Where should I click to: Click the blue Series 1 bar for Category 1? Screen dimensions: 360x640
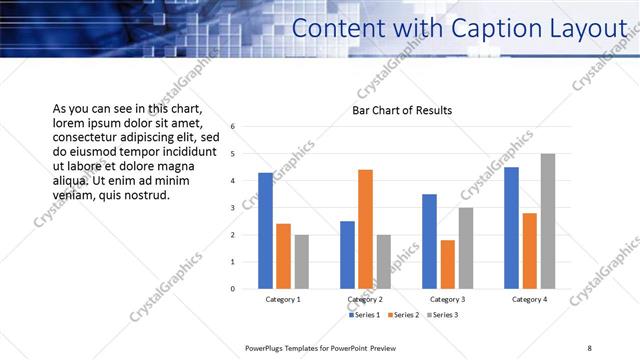(x=265, y=231)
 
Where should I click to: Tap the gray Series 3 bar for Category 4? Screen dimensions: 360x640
(x=547, y=221)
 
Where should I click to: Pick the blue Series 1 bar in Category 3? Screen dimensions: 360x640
(x=429, y=241)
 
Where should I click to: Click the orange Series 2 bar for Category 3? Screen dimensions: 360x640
(x=447, y=264)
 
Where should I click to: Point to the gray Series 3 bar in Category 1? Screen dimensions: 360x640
(x=301, y=262)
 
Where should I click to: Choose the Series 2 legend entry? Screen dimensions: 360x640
(x=402, y=315)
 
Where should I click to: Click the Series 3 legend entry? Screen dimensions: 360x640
(x=441, y=315)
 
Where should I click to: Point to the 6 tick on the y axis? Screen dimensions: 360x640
(x=232, y=127)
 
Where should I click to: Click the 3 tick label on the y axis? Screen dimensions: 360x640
(x=232, y=208)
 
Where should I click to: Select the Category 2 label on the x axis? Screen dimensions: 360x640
(x=365, y=299)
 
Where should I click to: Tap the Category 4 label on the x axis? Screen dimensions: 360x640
(x=529, y=299)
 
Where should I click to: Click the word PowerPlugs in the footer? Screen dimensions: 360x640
(x=266, y=347)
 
